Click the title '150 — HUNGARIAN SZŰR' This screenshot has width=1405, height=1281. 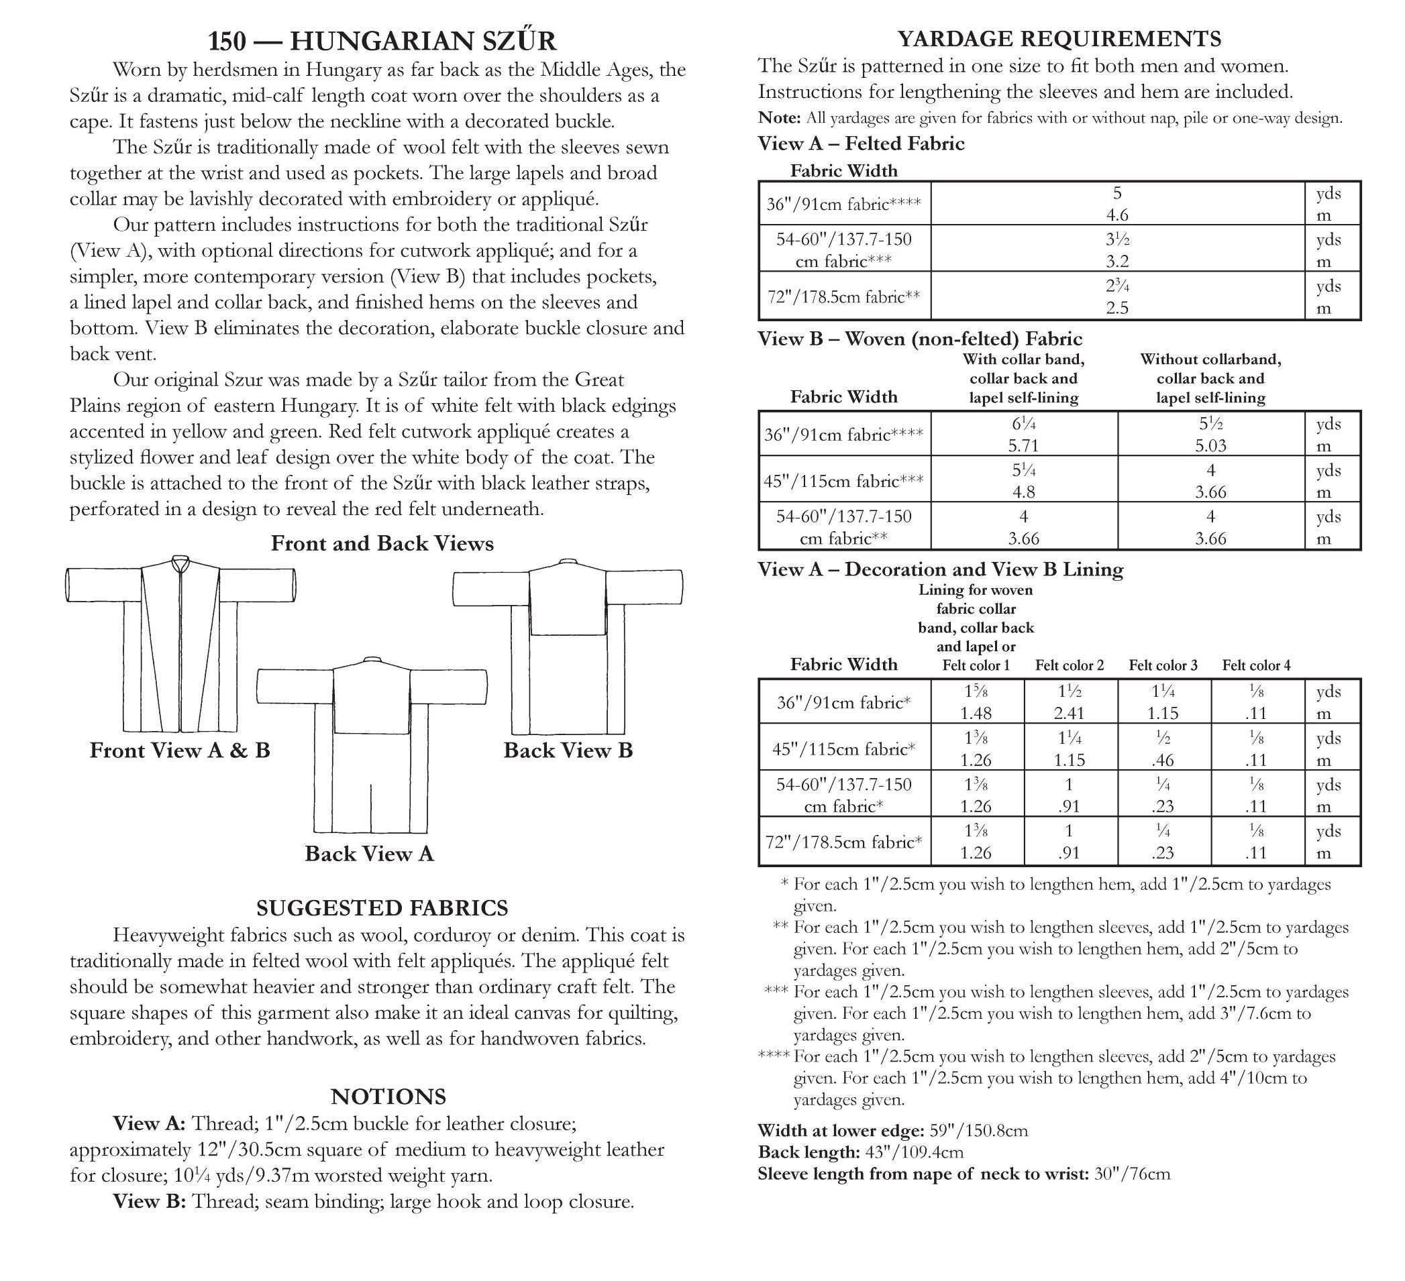point(382,41)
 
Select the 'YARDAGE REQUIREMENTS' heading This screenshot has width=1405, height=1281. point(1059,39)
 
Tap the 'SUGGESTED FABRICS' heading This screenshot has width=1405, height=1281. point(382,908)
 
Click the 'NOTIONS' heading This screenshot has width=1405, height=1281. point(388,1097)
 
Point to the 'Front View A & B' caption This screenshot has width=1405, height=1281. point(180,751)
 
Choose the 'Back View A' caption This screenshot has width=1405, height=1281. point(370,854)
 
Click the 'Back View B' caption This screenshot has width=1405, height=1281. point(568,751)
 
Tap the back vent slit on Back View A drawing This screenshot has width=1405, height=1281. point(371,808)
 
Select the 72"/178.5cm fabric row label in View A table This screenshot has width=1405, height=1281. point(843,297)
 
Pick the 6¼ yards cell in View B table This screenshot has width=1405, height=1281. point(1023,423)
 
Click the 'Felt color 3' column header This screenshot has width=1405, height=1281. point(1163,665)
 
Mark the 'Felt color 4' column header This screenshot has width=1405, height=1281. point(1256,665)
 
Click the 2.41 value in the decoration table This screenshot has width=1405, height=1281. point(1069,714)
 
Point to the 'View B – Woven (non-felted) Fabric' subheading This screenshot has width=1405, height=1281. point(920,339)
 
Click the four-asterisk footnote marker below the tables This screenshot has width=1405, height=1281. point(774,1057)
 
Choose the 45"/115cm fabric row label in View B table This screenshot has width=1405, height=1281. point(843,482)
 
